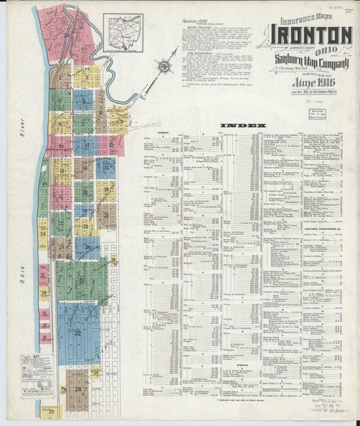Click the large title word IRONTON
click(x=311, y=35)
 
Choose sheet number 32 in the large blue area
click(x=77, y=332)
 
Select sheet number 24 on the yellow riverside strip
click(x=43, y=234)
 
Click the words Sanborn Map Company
click(x=311, y=58)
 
